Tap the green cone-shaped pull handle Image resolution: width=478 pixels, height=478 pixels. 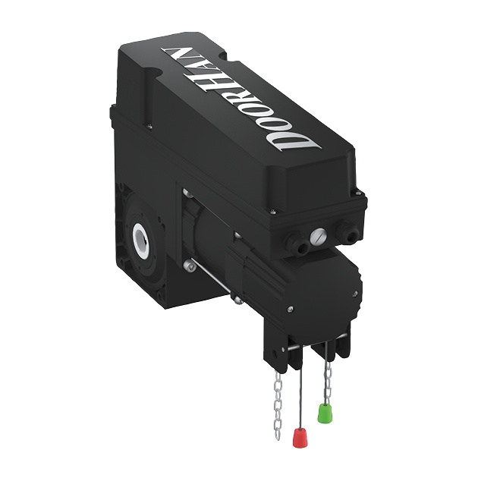(x=324, y=414)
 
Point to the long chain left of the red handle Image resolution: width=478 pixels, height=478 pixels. (x=277, y=398)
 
